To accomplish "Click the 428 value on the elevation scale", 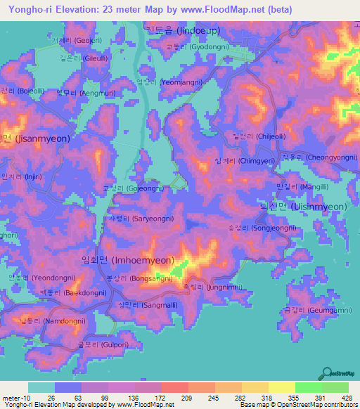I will [x=345, y=398].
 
